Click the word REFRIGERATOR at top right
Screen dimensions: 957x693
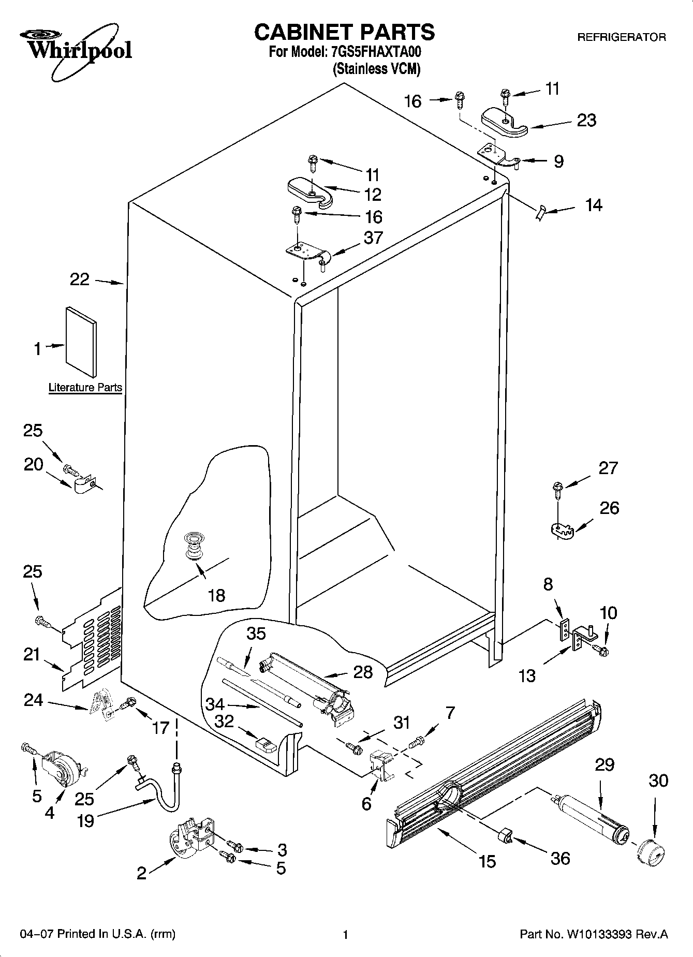coord(621,37)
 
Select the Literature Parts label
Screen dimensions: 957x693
coord(85,387)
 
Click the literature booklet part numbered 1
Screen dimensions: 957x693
coord(80,342)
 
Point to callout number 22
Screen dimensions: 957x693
coord(80,280)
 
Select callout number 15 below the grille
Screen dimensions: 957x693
coord(488,861)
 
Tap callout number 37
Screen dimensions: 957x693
coord(373,238)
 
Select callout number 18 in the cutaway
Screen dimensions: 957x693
coord(216,595)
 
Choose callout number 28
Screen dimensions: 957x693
coord(363,671)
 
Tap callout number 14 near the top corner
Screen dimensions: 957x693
coord(594,205)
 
